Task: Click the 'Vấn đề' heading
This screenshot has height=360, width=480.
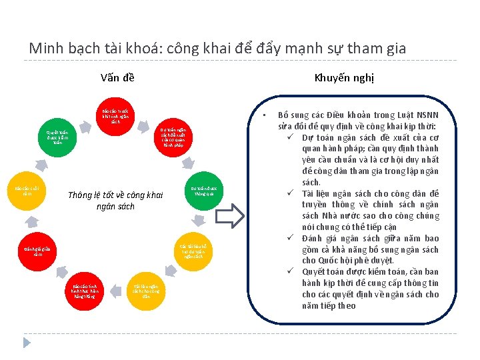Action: point(117,77)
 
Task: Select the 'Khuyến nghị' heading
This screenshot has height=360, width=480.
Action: point(344,77)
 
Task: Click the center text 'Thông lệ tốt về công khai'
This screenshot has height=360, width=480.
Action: point(115,195)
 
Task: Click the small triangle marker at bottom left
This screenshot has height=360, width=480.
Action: point(27,342)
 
